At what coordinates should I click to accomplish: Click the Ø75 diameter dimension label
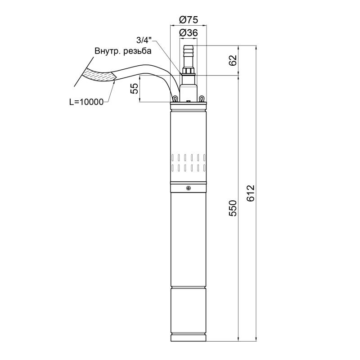pyautogui.click(x=188, y=20)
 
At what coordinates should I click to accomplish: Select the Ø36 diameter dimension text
pyautogui.click(x=188, y=33)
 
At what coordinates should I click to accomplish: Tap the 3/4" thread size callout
pyautogui.click(x=144, y=40)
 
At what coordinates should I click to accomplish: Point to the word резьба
pyautogui.click(x=138, y=51)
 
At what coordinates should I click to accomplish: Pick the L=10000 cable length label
pyautogui.click(x=86, y=102)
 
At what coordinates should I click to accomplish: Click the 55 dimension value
pyautogui.click(x=135, y=88)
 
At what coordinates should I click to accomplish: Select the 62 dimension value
pyautogui.click(x=233, y=60)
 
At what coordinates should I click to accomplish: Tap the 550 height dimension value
pyautogui.click(x=233, y=208)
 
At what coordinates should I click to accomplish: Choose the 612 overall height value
pyautogui.click(x=251, y=193)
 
